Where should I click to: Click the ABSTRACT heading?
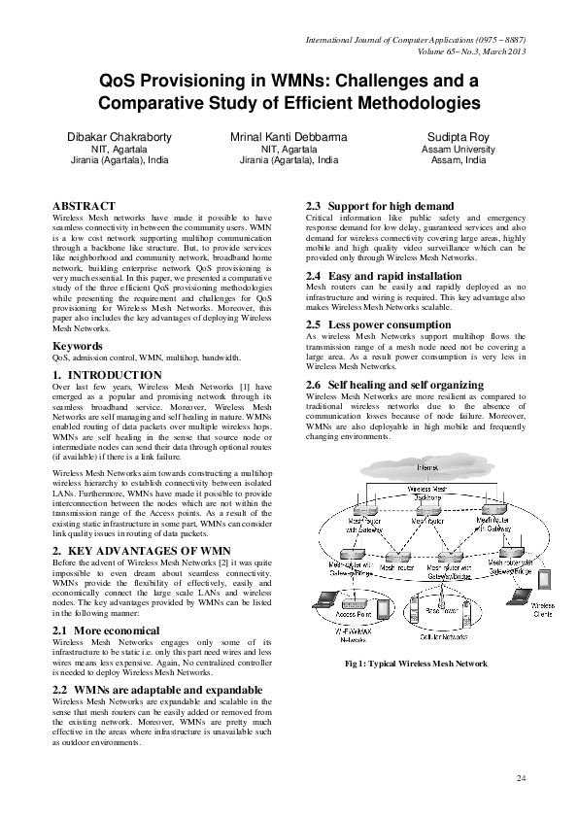(x=84, y=206)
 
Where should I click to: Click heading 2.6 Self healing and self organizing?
(x=394, y=386)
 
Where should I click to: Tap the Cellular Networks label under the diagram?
(x=442, y=637)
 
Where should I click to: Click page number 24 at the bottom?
(x=521, y=778)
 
